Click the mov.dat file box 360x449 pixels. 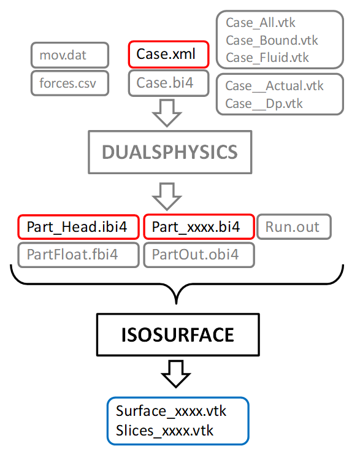(x=69, y=55)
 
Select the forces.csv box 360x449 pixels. (x=69, y=83)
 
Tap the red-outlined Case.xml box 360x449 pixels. (x=168, y=54)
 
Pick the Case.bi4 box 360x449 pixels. (x=168, y=83)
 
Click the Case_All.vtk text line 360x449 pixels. (x=261, y=23)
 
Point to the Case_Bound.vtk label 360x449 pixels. (x=272, y=40)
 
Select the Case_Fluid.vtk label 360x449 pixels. (x=267, y=58)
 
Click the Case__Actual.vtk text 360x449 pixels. (x=274, y=86)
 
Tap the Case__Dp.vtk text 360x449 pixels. (x=264, y=103)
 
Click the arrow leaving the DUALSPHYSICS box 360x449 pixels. (x=167, y=195)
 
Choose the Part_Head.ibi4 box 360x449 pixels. (x=78, y=227)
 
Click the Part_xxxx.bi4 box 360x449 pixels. (x=198, y=227)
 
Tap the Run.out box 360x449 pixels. (x=293, y=227)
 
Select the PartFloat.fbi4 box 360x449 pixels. (x=78, y=255)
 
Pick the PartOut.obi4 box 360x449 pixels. (x=198, y=255)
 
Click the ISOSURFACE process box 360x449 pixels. (x=177, y=335)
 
